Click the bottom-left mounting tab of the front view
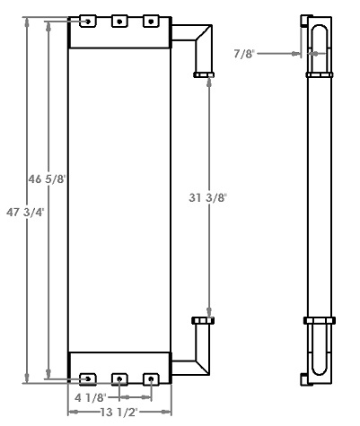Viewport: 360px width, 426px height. point(88,379)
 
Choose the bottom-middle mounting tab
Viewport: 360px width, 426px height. point(119,379)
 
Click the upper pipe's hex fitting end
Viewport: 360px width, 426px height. point(203,74)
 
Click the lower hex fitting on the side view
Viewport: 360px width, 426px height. point(320,320)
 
